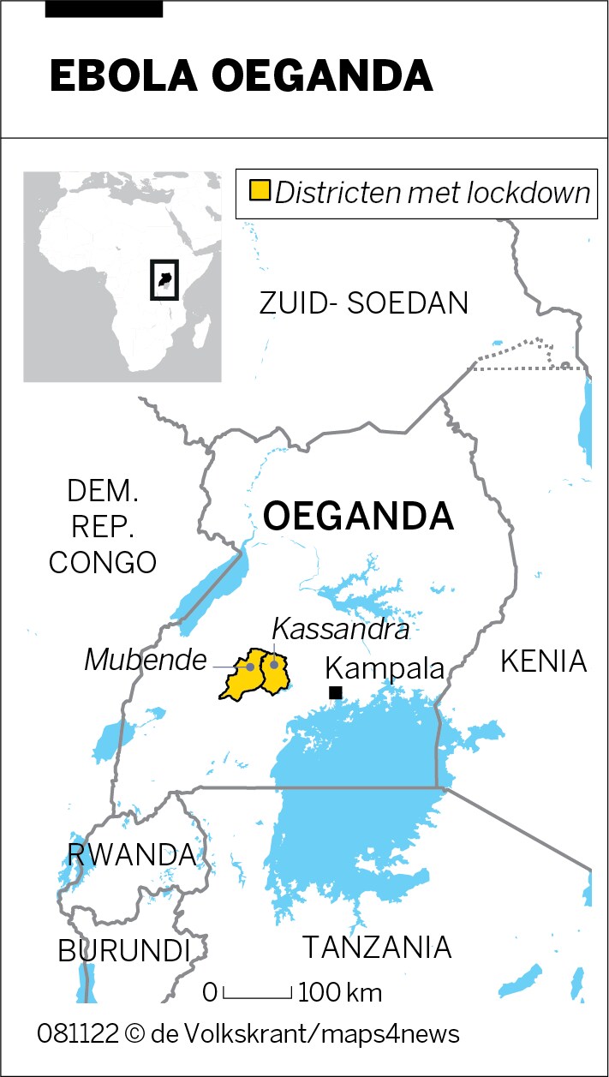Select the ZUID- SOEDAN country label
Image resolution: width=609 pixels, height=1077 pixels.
(x=364, y=303)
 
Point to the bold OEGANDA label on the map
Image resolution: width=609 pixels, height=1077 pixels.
(x=358, y=516)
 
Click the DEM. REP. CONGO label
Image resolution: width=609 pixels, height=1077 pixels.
(x=103, y=527)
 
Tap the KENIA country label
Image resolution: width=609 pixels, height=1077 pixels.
(x=543, y=661)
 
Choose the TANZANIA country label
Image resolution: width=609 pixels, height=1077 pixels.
(x=377, y=948)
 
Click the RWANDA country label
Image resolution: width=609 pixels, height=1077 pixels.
(x=131, y=854)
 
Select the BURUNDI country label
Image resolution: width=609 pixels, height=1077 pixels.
(x=124, y=950)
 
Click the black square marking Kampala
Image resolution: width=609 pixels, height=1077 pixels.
(x=336, y=692)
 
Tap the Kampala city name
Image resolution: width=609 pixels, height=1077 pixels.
(x=385, y=668)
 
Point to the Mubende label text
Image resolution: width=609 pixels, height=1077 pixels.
(x=146, y=660)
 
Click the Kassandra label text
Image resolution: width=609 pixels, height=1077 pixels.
(x=340, y=631)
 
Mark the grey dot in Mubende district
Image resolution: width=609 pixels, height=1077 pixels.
(x=250, y=666)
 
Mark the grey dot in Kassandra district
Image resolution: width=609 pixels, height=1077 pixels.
(x=274, y=663)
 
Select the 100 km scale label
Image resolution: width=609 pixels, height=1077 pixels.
(x=340, y=993)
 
